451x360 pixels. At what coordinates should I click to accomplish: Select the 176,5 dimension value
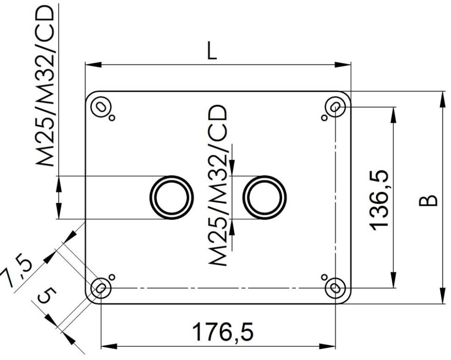tap(222, 332)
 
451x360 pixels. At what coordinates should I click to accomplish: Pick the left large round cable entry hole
tap(172, 198)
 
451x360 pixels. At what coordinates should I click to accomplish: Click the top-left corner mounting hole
tap(101, 107)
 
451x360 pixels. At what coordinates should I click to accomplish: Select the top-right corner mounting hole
tap(335, 107)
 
